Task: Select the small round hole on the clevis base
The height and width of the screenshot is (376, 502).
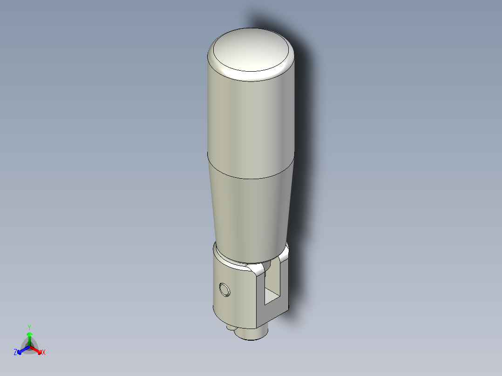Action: tap(225, 289)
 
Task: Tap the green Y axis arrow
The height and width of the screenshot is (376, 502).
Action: tap(29, 336)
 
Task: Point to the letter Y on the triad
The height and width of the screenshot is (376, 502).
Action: tap(29, 327)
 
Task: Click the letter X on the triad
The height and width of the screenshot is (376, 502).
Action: tap(44, 353)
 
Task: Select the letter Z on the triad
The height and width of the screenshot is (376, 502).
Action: tap(15, 353)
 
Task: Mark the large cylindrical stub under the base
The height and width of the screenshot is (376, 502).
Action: tap(254, 334)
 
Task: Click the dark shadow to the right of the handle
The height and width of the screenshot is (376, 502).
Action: tap(307, 140)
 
